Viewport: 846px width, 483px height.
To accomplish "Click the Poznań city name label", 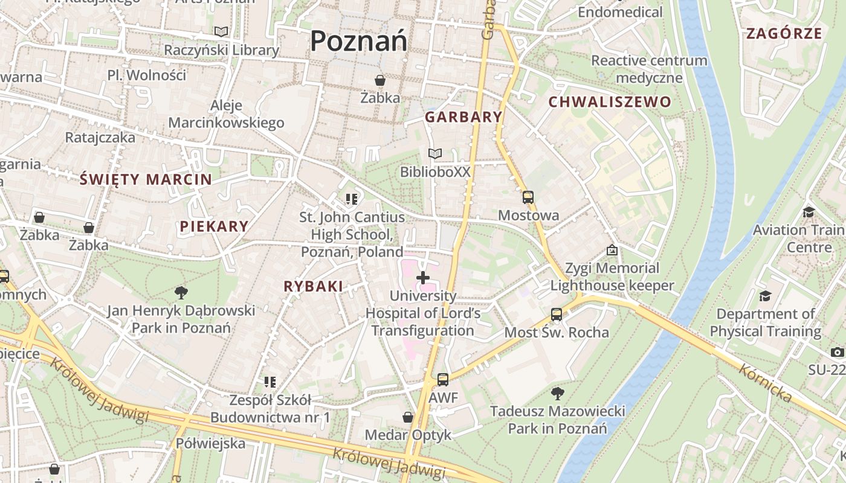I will (x=358, y=41).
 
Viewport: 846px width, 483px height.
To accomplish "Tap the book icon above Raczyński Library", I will (x=222, y=31).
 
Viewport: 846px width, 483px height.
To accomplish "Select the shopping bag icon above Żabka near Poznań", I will (x=380, y=80).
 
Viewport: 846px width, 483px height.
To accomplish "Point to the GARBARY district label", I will (x=463, y=117).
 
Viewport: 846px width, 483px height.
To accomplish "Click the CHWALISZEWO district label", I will (x=610, y=102).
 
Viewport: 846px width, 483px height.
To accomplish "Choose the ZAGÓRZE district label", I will (x=784, y=33).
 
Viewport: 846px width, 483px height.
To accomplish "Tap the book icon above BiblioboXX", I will (x=434, y=154).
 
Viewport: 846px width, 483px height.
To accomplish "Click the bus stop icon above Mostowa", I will (x=528, y=197).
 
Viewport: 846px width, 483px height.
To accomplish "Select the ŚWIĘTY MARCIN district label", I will (x=146, y=179).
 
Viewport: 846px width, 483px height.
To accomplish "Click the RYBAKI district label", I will (x=313, y=287).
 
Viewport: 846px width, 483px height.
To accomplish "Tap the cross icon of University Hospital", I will (x=423, y=278).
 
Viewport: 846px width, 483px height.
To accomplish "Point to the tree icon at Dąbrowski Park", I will (x=181, y=293).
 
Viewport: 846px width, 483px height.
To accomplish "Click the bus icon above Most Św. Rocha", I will (x=557, y=315).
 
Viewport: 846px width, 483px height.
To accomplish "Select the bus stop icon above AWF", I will (x=443, y=380).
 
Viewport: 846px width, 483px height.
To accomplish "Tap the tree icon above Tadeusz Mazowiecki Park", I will (x=557, y=394).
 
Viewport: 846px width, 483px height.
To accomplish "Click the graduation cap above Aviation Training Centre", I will (x=809, y=212).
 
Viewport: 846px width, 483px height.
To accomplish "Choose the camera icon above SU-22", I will (x=838, y=352).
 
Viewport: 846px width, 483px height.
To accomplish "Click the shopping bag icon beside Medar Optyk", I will (x=408, y=417).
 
